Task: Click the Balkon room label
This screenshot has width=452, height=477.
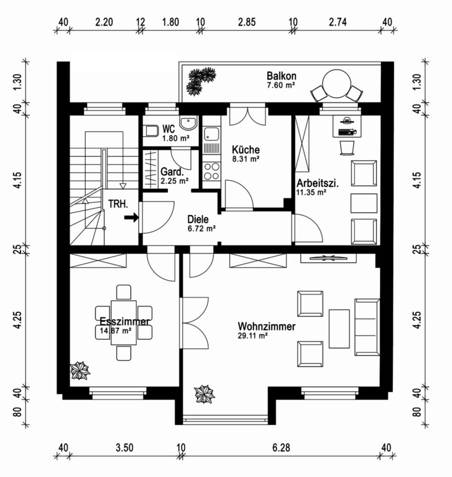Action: (x=281, y=76)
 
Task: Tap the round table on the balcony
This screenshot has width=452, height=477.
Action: (x=336, y=84)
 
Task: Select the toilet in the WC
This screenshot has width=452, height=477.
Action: (x=150, y=131)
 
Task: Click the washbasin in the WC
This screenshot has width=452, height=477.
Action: (x=188, y=122)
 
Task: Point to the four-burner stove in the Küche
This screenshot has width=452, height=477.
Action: (x=211, y=171)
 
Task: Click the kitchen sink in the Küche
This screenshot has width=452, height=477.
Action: (x=211, y=134)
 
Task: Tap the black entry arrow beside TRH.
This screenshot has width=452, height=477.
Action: (x=131, y=217)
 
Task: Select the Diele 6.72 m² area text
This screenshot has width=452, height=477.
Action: (x=201, y=229)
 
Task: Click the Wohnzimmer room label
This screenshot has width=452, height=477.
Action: (x=267, y=327)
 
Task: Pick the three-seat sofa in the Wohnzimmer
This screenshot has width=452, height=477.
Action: (x=367, y=327)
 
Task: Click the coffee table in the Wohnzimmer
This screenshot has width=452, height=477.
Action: (x=339, y=329)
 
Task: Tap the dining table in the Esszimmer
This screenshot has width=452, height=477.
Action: (x=124, y=323)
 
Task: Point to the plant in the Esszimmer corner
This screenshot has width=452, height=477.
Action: (x=80, y=371)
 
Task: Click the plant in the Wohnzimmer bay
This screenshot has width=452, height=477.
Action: (x=205, y=394)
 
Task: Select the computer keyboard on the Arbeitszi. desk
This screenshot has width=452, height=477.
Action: (x=347, y=132)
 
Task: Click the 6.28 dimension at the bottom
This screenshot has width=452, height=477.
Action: (x=281, y=448)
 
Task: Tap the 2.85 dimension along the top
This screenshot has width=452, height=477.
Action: (x=247, y=22)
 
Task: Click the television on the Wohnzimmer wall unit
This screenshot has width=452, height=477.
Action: (x=328, y=258)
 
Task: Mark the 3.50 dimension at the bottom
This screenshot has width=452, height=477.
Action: (x=124, y=448)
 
